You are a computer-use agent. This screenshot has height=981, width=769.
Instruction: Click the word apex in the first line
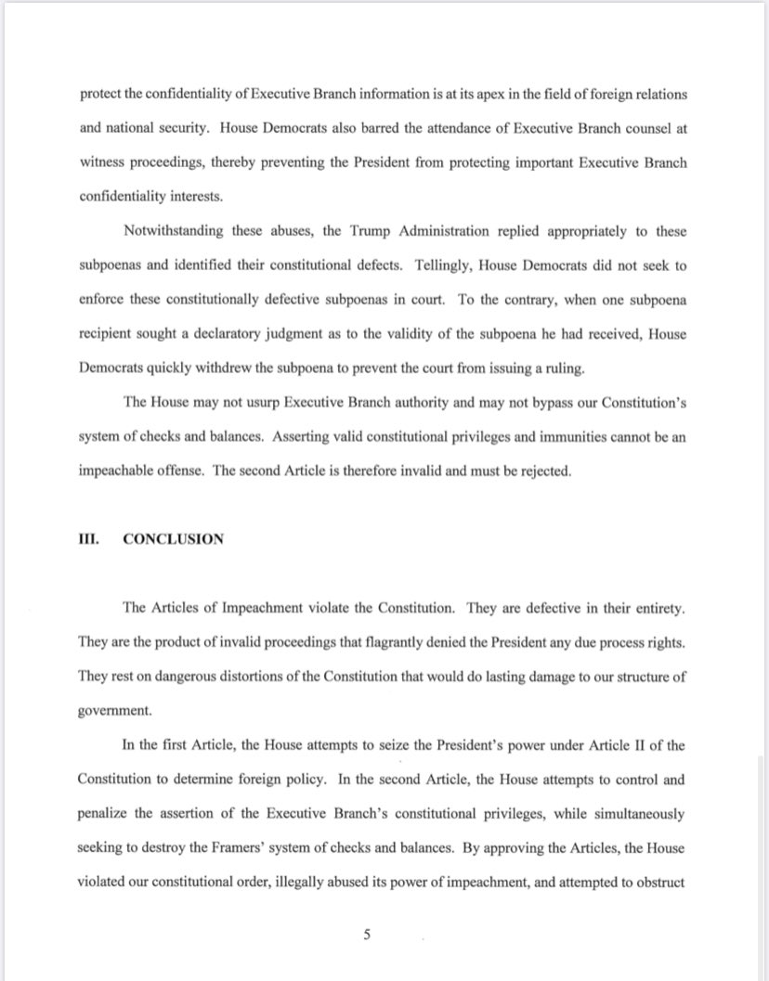tap(476, 96)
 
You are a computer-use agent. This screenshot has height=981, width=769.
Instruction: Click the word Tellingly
tap(433, 265)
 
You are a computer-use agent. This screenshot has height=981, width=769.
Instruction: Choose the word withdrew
tap(206, 368)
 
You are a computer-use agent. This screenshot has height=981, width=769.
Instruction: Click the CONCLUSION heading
tap(173, 538)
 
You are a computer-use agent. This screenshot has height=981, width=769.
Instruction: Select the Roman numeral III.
tap(89, 538)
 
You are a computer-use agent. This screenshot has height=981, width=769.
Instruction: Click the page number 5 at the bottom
tap(367, 935)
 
